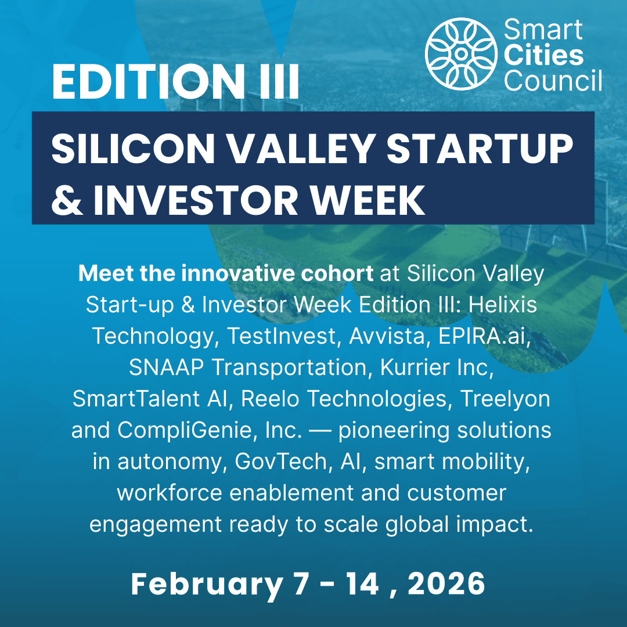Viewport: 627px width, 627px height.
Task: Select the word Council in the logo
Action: [x=553, y=81]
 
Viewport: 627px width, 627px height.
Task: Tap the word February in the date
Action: [x=206, y=583]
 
